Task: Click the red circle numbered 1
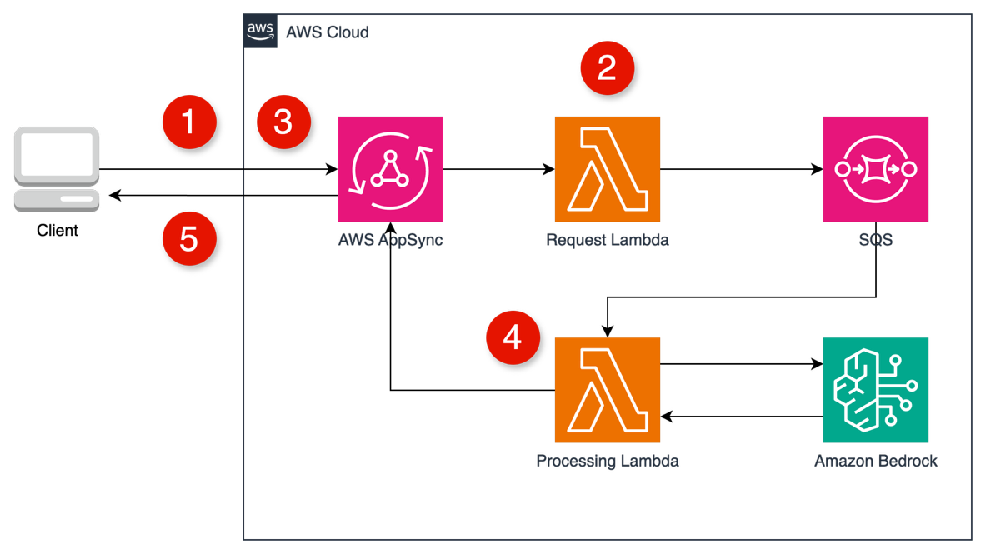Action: (189, 122)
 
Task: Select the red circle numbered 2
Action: (608, 67)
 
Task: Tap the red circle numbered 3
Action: (283, 122)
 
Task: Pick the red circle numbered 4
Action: (513, 337)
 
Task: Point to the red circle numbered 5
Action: (189, 239)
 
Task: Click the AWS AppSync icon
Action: (390, 169)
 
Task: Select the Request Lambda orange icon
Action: (608, 169)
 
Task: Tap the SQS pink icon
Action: (875, 169)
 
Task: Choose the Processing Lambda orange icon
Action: (608, 390)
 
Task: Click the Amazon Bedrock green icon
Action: (875, 390)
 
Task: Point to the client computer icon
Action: (57, 169)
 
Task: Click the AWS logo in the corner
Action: (260, 31)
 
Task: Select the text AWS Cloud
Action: (327, 33)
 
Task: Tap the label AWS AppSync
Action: (390, 241)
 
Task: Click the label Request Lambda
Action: (608, 241)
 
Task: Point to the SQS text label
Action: (875, 241)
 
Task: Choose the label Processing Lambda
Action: (608, 462)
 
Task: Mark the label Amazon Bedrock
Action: (875, 462)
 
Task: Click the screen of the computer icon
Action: (57, 155)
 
